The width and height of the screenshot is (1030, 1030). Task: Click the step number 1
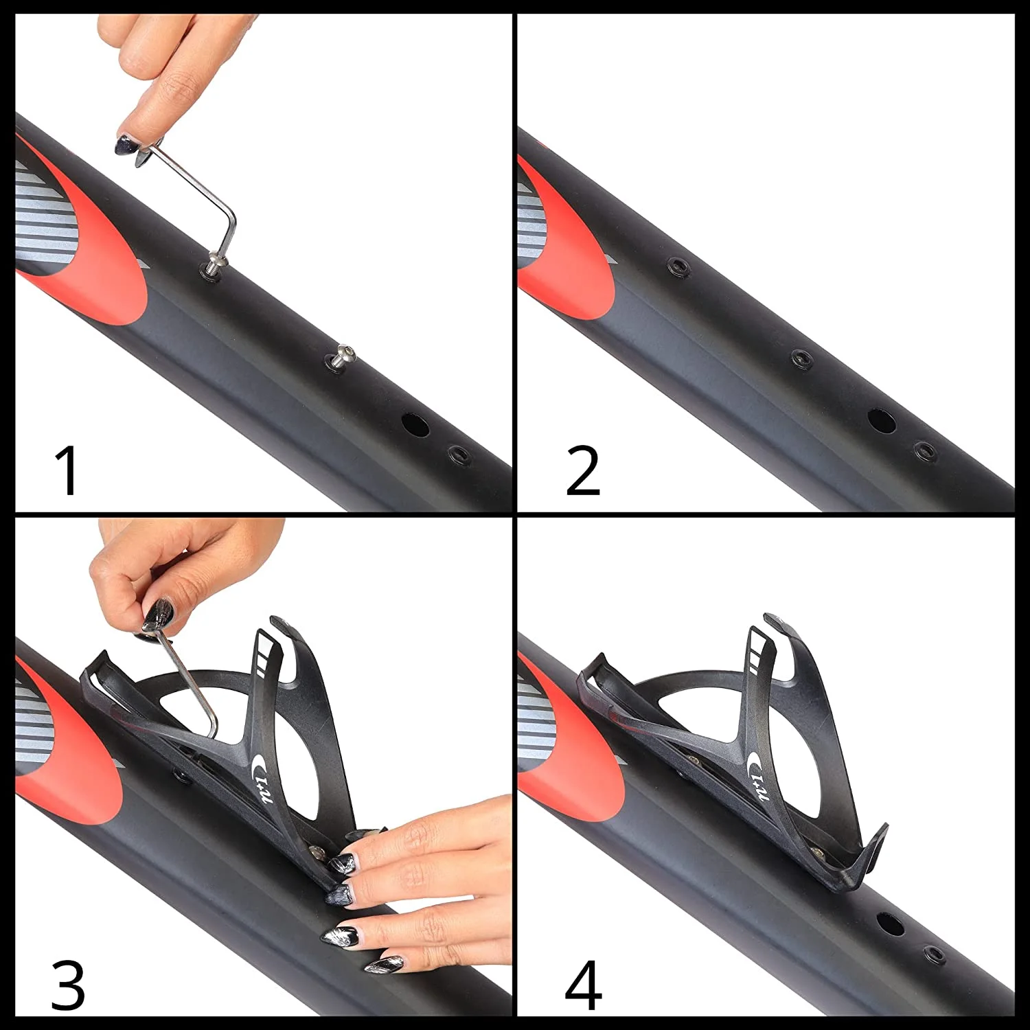pyautogui.click(x=67, y=470)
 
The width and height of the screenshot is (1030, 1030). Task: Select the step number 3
pyautogui.click(x=68, y=985)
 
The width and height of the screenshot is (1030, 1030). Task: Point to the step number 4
pyautogui.click(x=583, y=985)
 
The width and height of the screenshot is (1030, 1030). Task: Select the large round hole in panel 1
pyautogui.click(x=415, y=424)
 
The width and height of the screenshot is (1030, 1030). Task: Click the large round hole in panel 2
pyautogui.click(x=882, y=421)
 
